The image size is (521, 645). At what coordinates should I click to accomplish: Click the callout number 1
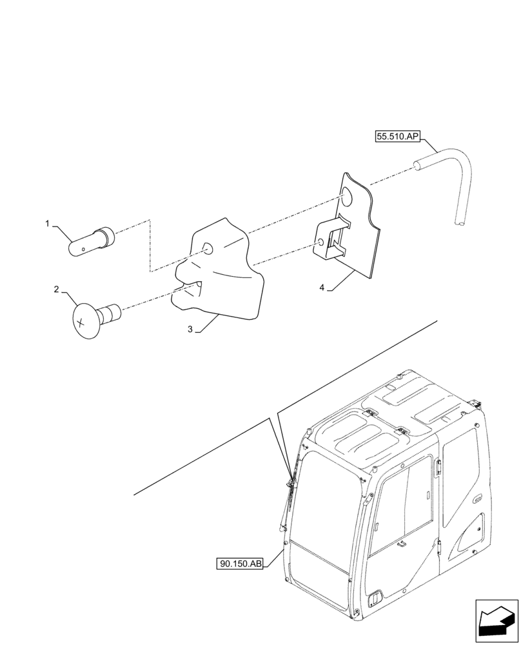tap(47, 223)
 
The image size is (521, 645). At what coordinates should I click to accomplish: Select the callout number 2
tap(56, 290)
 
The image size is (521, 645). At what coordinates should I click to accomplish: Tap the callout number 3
tap(190, 330)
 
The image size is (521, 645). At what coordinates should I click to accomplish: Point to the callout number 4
tap(321, 288)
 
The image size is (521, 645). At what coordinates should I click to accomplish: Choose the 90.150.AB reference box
tap(241, 564)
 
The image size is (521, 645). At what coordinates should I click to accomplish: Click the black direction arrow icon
tap(496, 621)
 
